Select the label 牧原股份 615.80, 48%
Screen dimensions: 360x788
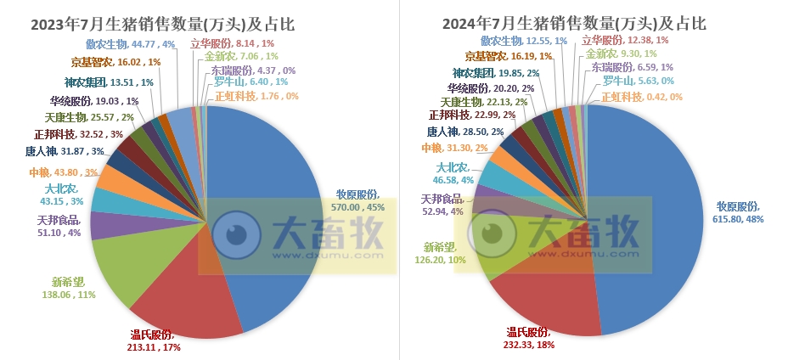739,212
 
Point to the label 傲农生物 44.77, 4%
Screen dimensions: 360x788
130,44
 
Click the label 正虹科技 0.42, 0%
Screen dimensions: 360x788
642,97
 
